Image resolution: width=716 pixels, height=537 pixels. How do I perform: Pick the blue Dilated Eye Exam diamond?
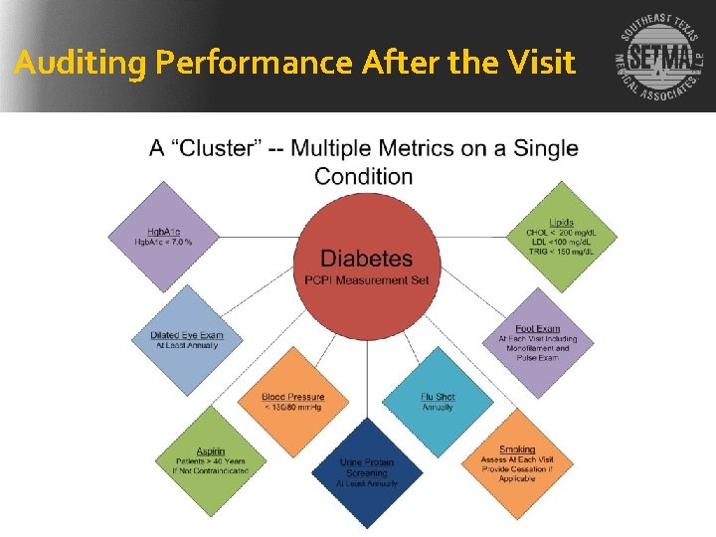click(187, 340)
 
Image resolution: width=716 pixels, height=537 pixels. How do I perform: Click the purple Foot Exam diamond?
click(538, 342)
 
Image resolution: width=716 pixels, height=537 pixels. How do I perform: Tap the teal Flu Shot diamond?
click(438, 401)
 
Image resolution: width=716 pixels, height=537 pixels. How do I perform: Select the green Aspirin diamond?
click(210, 458)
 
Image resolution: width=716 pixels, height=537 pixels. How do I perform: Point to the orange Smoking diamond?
click(517, 458)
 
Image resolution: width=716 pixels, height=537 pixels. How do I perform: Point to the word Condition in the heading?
click(364, 177)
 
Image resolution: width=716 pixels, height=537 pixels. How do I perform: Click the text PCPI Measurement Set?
click(367, 280)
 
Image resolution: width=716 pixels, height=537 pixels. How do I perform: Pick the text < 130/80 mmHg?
click(293, 407)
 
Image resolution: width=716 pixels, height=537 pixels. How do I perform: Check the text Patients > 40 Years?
click(210, 461)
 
